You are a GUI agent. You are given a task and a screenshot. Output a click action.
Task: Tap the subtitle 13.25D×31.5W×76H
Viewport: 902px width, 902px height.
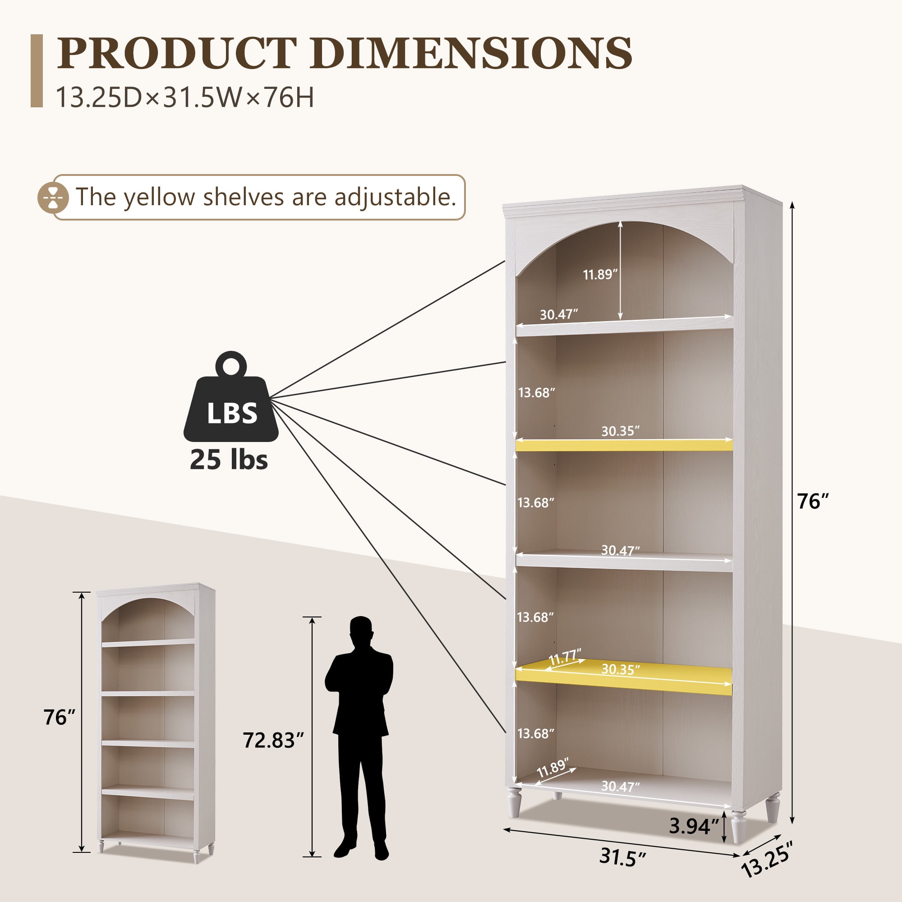tap(185, 97)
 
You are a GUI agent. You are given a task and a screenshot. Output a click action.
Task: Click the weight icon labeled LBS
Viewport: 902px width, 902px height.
tap(231, 396)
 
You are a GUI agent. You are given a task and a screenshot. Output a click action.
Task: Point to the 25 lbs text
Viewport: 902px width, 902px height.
tap(229, 460)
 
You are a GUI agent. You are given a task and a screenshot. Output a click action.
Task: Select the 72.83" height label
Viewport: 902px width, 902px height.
tap(273, 740)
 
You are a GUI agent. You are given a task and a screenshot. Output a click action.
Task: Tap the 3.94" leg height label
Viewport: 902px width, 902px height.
tap(694, 826)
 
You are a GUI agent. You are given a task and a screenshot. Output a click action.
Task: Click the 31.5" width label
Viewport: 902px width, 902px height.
tap(622, 857)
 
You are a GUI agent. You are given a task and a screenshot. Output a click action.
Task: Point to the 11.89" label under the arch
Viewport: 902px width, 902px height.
tap(600, 274)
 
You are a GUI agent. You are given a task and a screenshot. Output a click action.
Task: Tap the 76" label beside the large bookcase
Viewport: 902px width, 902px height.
tap(813, 502)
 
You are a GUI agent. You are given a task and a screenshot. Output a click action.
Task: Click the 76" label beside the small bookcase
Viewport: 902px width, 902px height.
tap(59, 717)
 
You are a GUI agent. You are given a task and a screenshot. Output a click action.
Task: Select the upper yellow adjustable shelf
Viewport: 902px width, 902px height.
tap(624, 445)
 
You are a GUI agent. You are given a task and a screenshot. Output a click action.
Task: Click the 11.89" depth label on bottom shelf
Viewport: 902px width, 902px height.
tap(553, 768)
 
